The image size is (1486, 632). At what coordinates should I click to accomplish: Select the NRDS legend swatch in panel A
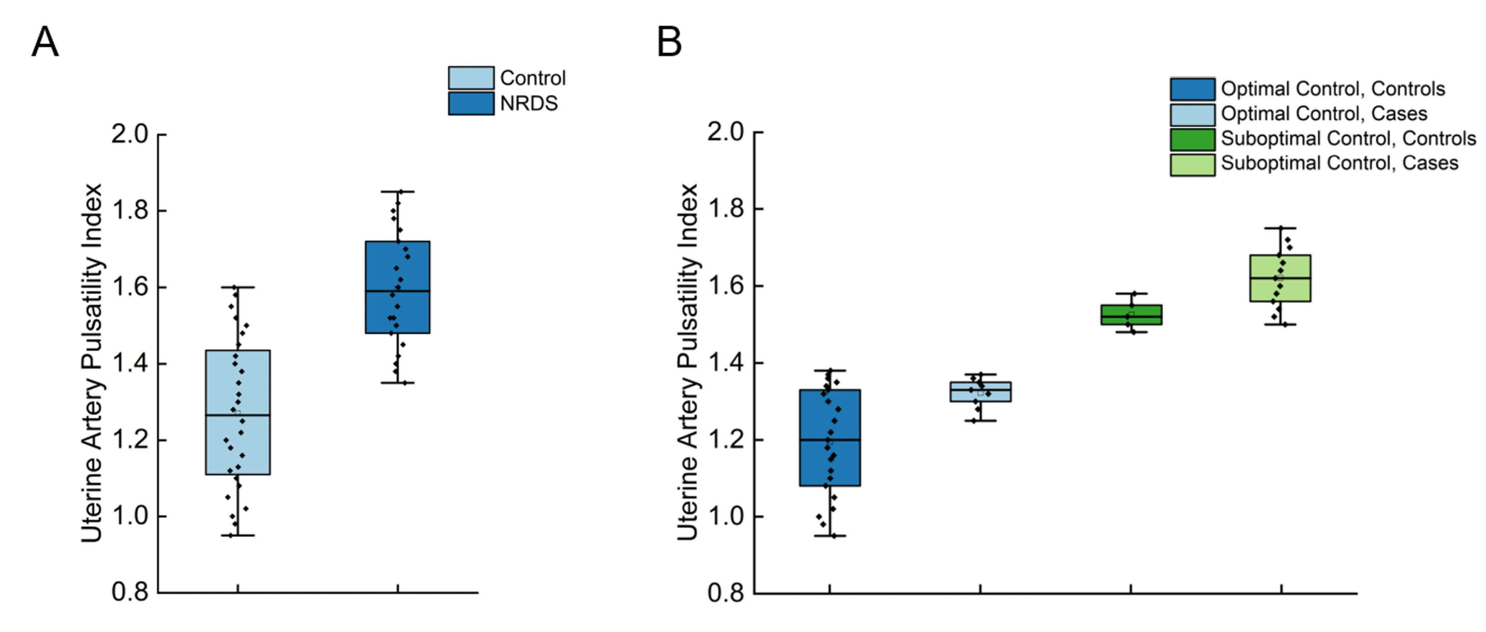coord(471,103)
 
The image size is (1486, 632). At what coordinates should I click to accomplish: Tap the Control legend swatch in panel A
coord(471,78)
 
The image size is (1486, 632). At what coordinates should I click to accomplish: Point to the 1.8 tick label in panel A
coord(130,210)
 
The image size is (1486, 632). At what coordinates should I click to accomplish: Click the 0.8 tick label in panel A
coord(130,592)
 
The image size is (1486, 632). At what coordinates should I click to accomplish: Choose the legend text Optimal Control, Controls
coord(1332,89)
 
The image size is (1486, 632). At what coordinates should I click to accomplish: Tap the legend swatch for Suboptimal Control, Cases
coord(1193,164)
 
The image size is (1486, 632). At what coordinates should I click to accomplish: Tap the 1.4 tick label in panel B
coord(726,363)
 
